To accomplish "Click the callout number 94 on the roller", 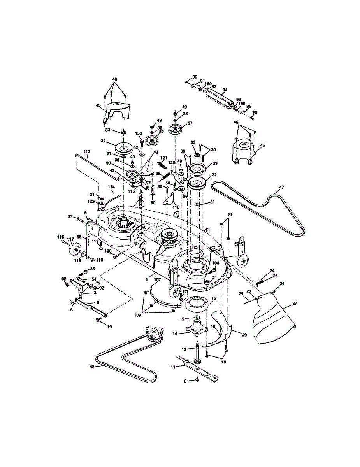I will pos(225,90).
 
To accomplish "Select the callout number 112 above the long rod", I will pos(87,151).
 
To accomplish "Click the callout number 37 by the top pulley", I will pos(190,123).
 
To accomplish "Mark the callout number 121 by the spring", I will pos(163,157).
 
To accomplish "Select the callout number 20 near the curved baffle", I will pos(244,335).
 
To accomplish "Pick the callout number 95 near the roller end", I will pos(249,106).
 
